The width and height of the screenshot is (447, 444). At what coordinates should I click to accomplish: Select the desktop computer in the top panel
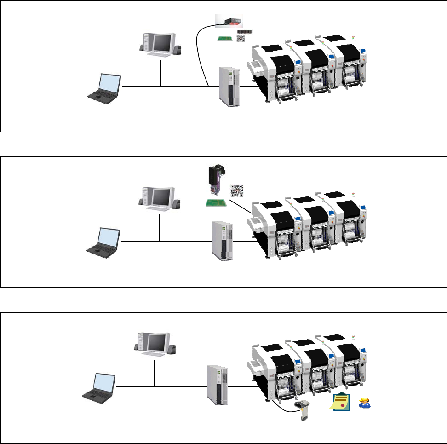click(x=160, y=45)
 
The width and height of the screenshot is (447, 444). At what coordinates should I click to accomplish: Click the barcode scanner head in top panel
click(x=229, y=21)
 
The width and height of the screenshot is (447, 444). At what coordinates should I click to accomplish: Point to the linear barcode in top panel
click(x=245, y=32)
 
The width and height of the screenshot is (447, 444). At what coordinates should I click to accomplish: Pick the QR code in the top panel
click(x=241, y=40)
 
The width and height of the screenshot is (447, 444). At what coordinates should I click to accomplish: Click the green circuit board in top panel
click(x=225, y=39)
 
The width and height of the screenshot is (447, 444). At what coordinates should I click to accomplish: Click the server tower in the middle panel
click(x=223, y=241)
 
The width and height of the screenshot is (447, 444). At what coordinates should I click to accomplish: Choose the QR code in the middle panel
click(x=237, y=190)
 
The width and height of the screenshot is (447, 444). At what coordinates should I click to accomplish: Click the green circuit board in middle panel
click(x=215, y=202)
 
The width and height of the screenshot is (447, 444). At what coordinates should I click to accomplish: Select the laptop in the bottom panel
click(x=98, y=386)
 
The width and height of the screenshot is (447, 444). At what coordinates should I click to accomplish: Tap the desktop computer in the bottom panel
click(x=154, y=344)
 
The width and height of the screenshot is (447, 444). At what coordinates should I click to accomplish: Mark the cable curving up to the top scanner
click(x=200, y=51)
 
